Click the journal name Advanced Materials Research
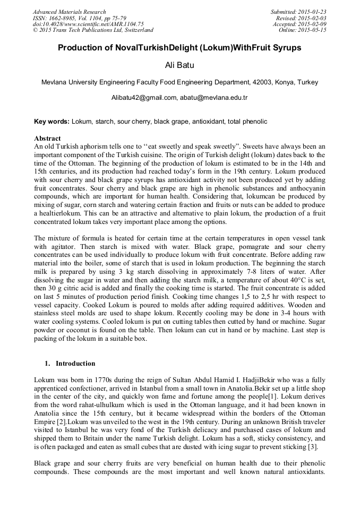pyautogui.click(x=69, y=12)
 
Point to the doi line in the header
pyautogui.click(x=88, y=24)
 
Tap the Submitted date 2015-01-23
pyautogui.click(x=313, y=12)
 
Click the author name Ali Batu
pyautogui.click(x=179, y=66)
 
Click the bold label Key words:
pyautogui.click(x=52, y=122)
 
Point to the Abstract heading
pyautogui.click(x=47, y=138)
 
